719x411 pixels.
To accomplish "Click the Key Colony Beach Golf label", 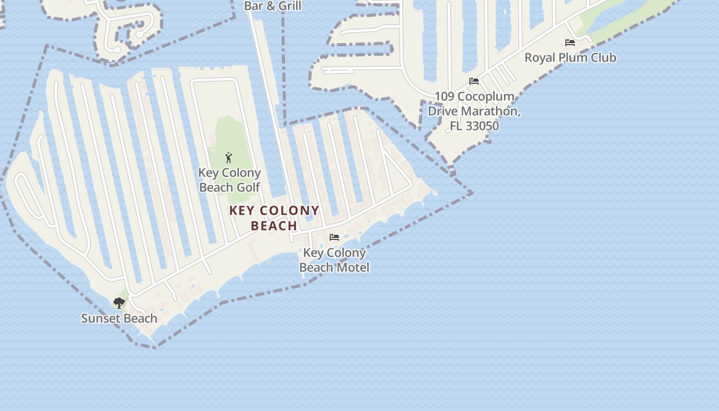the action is point(230,180).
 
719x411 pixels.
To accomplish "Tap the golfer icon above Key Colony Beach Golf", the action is point(229,158).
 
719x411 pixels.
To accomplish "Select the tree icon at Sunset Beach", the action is point(119,303).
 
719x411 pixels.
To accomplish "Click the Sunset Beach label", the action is point(119,319).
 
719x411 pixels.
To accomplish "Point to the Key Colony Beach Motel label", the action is point(334,260).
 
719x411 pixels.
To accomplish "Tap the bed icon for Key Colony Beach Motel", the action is point(334,237).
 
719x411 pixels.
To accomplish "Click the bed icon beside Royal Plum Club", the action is point(570,43).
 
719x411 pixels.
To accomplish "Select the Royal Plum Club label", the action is point(570,58).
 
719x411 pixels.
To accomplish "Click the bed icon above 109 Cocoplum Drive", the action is point(474,81).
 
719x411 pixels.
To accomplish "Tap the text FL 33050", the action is point(474,126).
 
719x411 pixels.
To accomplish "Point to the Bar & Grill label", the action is point(273,6).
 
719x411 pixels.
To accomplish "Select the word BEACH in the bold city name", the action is point(274,226).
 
